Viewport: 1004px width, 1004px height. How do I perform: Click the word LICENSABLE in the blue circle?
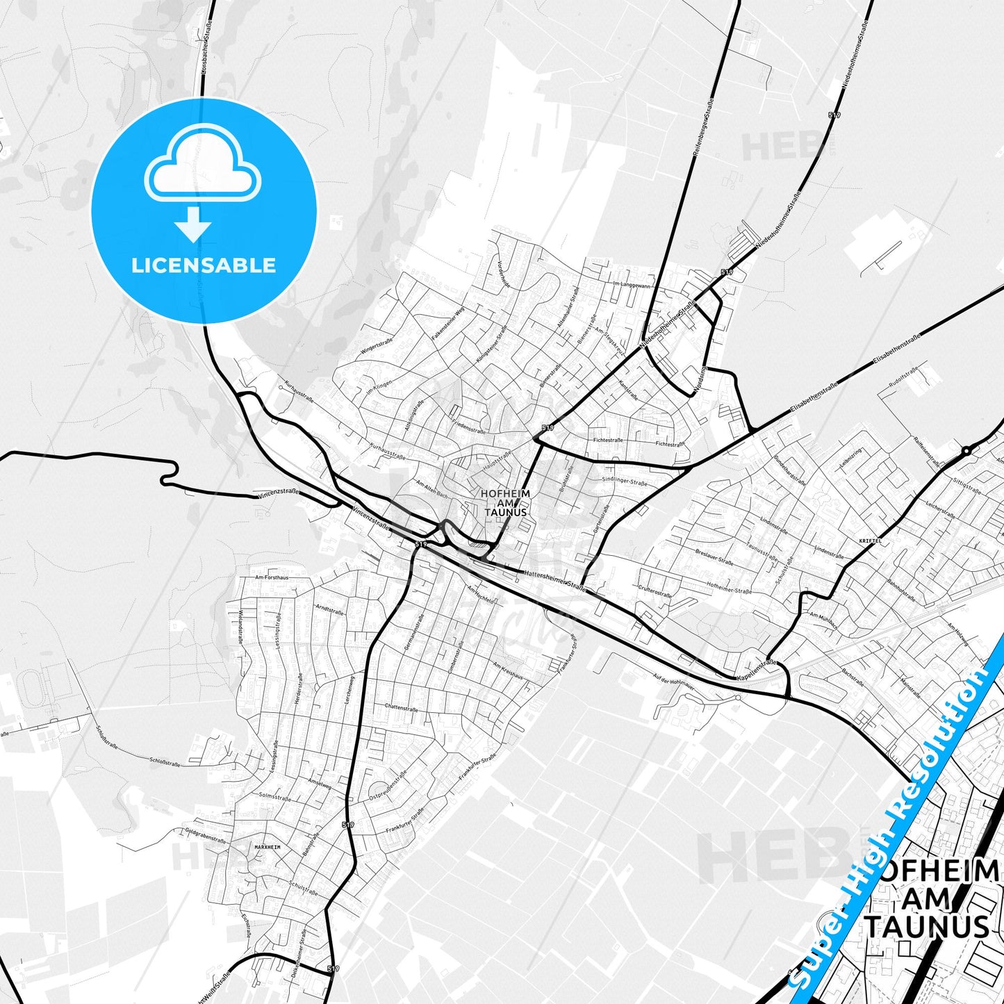pyautogui.click(x=204, y=265)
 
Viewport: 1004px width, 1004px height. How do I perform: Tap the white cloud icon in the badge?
pyautogui.click(x=202, y=166)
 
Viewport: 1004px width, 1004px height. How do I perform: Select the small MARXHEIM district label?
pyautogui.click(x=268, y=848)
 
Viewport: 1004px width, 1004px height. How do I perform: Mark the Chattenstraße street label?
pyautogui.click(x=401, y=707)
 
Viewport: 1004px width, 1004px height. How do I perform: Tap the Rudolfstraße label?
pyautogui.click(x=903, y=377)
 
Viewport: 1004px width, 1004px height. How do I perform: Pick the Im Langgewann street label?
pyautogui.click(x=632, y=286)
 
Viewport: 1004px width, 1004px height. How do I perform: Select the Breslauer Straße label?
pyautogui.click(x=714, y=557)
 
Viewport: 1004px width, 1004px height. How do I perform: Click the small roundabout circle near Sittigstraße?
pyautogui.click(x=966, y=451)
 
